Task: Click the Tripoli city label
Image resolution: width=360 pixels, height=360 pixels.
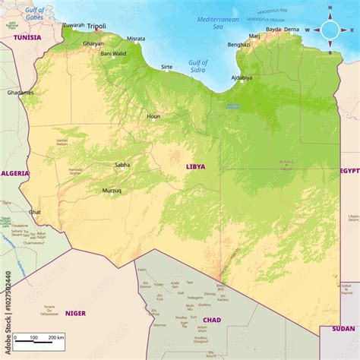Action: coord(96,26)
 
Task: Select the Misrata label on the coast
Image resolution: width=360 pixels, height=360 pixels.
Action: coord(136,38)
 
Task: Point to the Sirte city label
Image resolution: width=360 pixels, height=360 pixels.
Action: coord(166,67)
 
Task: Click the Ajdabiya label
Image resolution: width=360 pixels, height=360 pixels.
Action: coord(243,77)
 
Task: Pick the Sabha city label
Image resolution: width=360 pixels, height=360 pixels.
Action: coord(122,164)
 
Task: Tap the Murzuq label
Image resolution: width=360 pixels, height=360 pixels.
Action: coord(112,191)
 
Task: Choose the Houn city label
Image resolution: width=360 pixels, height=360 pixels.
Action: coord(153,116)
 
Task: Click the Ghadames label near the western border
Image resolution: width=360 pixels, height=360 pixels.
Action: coord(21,93)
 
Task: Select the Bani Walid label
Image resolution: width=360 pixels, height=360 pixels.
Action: coord(114,53)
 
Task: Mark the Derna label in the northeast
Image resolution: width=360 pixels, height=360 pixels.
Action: coord(292,30)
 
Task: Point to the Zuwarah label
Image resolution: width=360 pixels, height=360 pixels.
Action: coord(73,25)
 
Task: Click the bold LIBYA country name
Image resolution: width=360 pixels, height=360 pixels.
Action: coord(195,166)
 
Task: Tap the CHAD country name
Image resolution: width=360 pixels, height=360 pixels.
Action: coord(212,320)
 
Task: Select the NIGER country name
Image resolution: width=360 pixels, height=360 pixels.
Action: coord(75,313)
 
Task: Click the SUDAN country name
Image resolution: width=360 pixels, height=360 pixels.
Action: coord(343,329)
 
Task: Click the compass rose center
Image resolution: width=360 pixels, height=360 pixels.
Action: coord(330,30)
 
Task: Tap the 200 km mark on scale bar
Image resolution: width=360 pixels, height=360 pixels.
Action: coord(55,337)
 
